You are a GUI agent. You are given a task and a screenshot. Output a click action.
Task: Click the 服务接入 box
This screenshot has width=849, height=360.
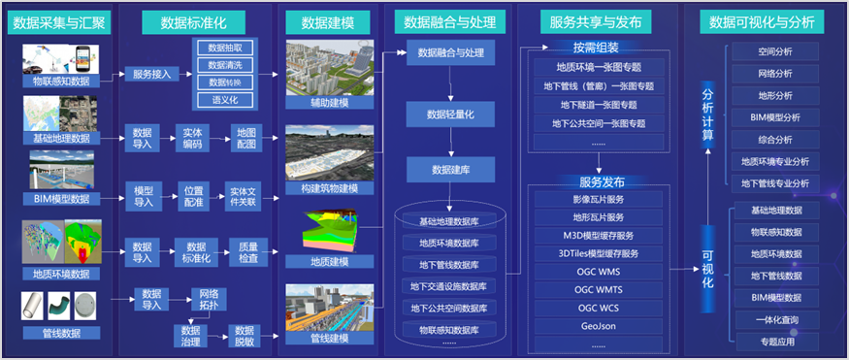point(153,74)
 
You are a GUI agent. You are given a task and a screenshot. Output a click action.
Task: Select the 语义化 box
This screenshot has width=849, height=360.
point(225,100)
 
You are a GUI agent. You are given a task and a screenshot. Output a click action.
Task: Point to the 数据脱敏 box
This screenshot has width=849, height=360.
point(244,335)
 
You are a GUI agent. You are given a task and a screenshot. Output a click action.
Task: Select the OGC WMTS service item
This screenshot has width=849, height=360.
point(598,288)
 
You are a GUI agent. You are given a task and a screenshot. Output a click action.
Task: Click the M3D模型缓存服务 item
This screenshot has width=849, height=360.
point(598,235)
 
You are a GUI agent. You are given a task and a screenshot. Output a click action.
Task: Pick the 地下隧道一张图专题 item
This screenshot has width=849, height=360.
point(598,104)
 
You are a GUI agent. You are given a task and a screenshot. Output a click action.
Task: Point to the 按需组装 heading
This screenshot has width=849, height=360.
point(598,49)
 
